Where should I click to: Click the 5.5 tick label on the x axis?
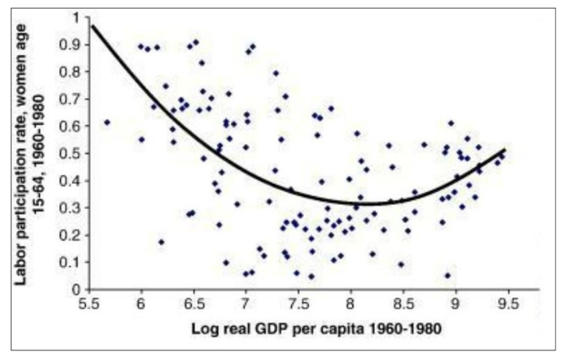90,303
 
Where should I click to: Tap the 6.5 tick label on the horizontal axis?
194,303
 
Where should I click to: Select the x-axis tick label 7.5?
299,303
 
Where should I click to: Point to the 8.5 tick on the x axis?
403,303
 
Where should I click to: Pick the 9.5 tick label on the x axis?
507,303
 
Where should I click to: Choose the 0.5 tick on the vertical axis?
71,153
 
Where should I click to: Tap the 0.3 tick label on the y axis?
71,207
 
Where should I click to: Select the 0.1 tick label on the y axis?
71,262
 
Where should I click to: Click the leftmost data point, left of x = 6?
107,122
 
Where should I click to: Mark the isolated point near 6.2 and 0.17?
162,241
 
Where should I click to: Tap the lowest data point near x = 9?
447,276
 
